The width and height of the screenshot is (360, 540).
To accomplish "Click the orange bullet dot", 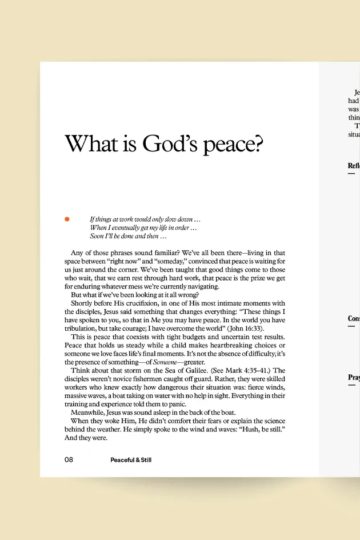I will pyautogui.click(x=67, y=219).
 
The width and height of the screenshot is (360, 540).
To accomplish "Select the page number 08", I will pyautogui.click(x=69, y=459).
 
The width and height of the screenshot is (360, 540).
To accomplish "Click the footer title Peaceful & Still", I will pyautogui.click(x=131, y=459).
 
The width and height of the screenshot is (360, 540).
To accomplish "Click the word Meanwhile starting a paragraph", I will pyautogui.click(x=90, y=412).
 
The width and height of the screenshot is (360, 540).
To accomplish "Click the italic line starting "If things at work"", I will pyautogui.click(x=145, y=219).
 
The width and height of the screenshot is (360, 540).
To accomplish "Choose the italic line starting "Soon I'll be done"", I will pyautogui.click(x=128, y=236).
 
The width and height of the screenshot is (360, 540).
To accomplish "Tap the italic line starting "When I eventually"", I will pyautogui.click(x=143, y=227).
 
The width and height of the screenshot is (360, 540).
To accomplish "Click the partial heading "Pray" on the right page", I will pyautogui.click(x=354, y=377).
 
